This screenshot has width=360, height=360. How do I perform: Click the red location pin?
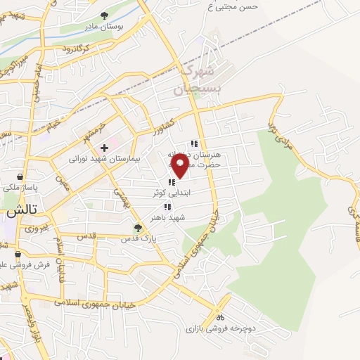click(x=181, y=166)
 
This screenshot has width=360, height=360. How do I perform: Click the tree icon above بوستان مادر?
click(x=104, y=15)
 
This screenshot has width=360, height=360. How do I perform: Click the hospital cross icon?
click(x=104, y=148)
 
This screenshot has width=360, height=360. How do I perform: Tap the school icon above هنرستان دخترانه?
click(x=194, y=143)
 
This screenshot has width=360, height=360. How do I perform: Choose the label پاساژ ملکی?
click(x=19, y=188)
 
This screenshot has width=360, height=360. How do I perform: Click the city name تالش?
click(x=21, y=211)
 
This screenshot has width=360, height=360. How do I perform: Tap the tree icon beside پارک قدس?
click(x=139, y=228)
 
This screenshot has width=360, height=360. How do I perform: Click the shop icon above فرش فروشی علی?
click(x=18, y=254)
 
